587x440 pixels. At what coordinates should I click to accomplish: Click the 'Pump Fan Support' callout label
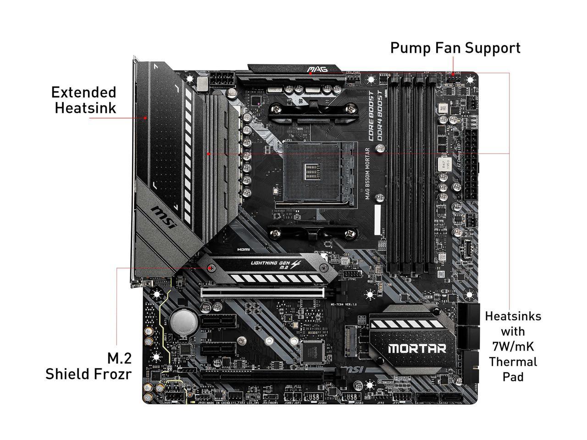(x=455, y=48)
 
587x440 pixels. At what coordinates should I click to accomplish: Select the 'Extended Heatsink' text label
(x=83, y=100)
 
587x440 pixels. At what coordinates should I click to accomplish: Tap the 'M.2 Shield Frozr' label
(x=88, y=366)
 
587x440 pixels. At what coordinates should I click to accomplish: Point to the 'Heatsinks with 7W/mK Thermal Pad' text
(x=513, y=346)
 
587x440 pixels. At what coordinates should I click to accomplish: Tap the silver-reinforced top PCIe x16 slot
(x=262, y=292)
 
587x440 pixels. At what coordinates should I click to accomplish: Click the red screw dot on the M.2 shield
(x=210, y=268)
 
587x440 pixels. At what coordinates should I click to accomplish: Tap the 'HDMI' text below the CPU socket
(x=244, y=250)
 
